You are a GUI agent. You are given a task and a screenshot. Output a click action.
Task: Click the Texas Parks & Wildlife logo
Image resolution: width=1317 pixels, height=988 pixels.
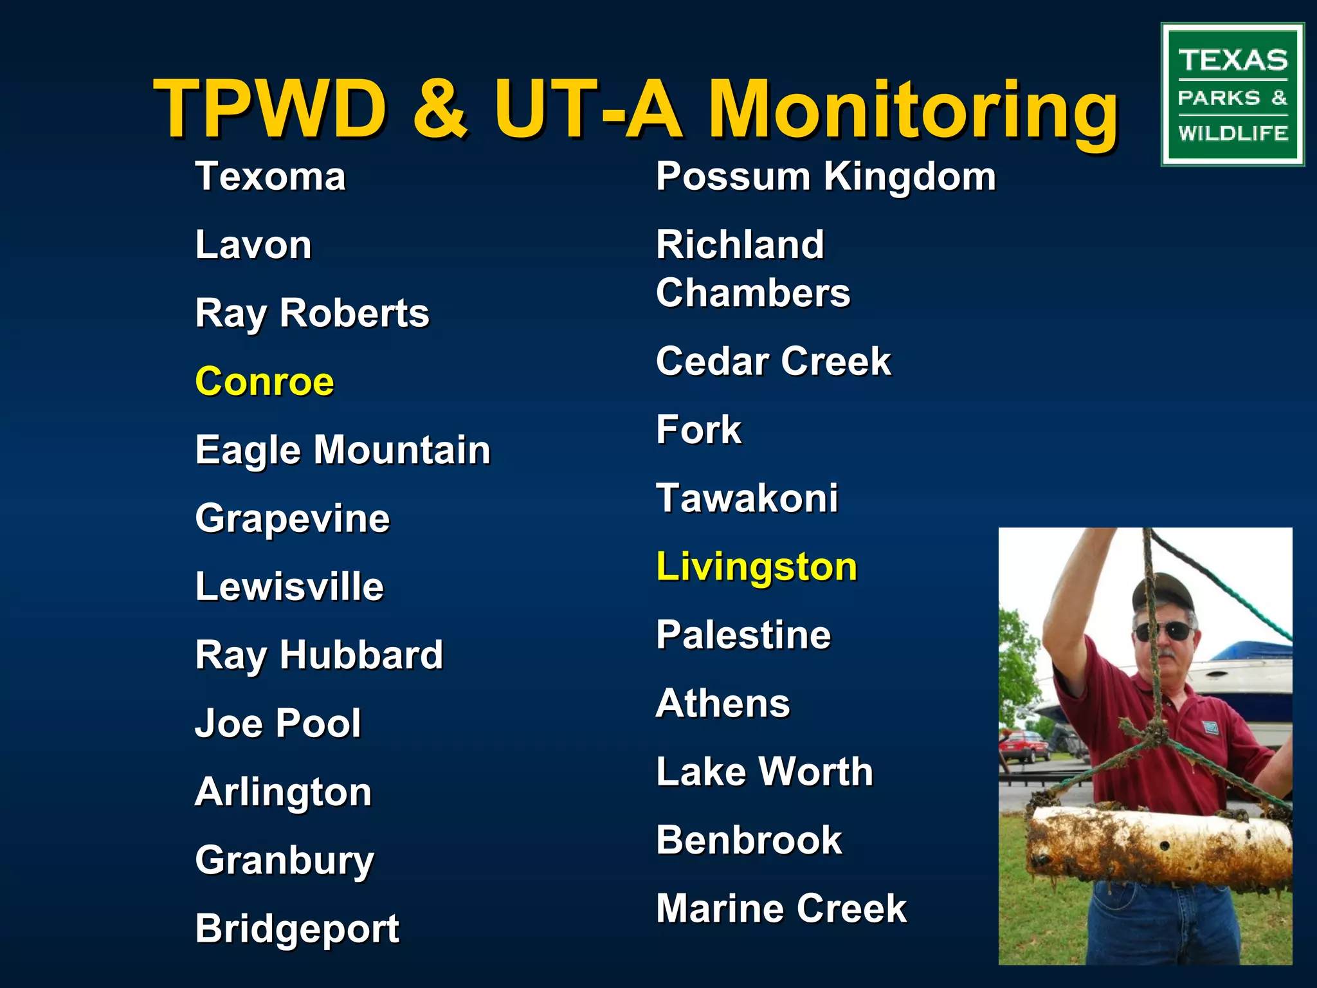tap(1232, 95)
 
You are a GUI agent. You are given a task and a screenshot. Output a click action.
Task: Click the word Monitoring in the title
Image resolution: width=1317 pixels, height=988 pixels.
tap(913, 109)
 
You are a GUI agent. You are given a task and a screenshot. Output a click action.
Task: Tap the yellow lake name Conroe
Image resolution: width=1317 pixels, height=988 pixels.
tap(264, 381)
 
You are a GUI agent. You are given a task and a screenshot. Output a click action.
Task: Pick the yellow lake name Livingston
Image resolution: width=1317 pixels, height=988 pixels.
tap(756, 567)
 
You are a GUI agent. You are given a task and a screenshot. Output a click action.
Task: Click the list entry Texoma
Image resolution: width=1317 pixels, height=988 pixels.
tap(270, 177)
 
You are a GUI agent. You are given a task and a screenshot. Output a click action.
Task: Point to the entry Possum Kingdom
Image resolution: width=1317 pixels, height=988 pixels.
tap(826, 177)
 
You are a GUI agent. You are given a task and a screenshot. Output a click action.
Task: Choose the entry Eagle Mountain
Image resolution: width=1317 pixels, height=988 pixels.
tap(343, 450)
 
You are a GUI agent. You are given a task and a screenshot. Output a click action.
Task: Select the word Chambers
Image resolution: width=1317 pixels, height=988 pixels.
tap(753, 293)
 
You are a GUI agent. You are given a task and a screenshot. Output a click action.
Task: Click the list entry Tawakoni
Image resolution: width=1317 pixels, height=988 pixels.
tap(747, 499)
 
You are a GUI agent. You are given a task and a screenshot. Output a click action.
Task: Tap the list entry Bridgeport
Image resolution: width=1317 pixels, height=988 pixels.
tap(297, 929)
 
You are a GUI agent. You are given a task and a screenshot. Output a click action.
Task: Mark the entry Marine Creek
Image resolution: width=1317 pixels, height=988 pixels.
tap(781, 908)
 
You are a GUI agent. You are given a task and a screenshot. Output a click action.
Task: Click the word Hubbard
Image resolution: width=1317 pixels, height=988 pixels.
tap(361, 655)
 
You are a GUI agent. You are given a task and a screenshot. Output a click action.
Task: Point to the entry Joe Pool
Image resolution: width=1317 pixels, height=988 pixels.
tap(278, 724)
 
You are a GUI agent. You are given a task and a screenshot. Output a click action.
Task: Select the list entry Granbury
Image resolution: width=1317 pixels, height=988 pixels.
tap(284, 861)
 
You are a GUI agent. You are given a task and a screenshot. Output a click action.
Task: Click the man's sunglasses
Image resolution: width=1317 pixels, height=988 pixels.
tap(1163, 631)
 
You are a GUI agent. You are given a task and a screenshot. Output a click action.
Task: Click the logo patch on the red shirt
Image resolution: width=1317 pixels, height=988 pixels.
tap(1210, 728)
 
